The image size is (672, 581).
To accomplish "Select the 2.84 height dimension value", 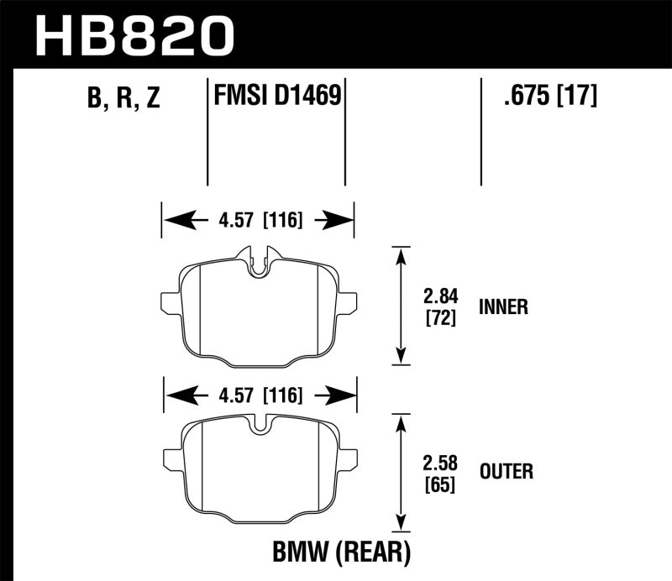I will click(438, 296).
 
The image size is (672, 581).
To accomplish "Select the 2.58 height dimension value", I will click(438, 461).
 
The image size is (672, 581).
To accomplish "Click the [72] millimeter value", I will click(438, 318).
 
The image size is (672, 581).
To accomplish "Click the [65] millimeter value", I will click(438, 484).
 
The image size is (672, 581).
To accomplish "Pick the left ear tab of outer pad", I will click(171, 458).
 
